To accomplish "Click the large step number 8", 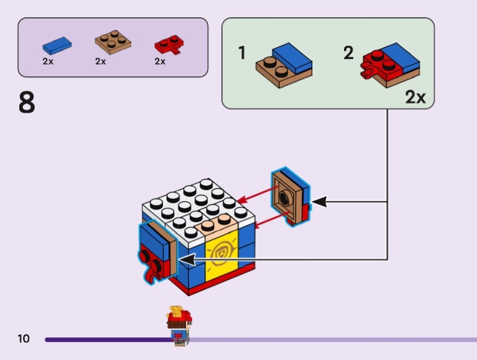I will pyautogui.click(x=27, y=103).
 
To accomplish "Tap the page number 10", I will pyautogui.click(x=23, y=339).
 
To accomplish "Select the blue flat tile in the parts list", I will pyautogui.click(x=57, y=44).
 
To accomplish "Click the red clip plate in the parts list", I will pyautogui.click(x=169, y=45).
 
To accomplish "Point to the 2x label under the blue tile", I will pyautogui.click(x=48, y=61).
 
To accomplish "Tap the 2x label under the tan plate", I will pyautogui.click(x=100, y=61).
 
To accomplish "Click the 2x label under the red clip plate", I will pyautogui.click(x=160, y=61).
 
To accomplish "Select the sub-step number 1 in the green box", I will pyautogui.click(x=242, y=54).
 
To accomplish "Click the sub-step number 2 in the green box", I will pyautogui.click(x=348, y=54).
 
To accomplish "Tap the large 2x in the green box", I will pyautogui.click(x=416, y=97).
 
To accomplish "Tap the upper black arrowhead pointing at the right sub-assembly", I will pyautogui.click(x=320, y=202).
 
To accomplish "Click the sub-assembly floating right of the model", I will pyautogui.click(x=290, y=197).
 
